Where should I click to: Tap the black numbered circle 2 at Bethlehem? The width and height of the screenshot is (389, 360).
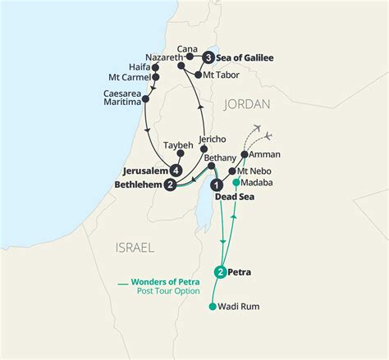click(170, 185)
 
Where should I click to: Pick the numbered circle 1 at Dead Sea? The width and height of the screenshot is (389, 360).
click(217, 185)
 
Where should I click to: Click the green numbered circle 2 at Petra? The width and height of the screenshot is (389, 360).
click(220, 271)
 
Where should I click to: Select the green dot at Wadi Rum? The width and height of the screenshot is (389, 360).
click(213, 308)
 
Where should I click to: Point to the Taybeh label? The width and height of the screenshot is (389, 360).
click(178, 146)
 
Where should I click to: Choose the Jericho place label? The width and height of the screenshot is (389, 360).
click(212, 140)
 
